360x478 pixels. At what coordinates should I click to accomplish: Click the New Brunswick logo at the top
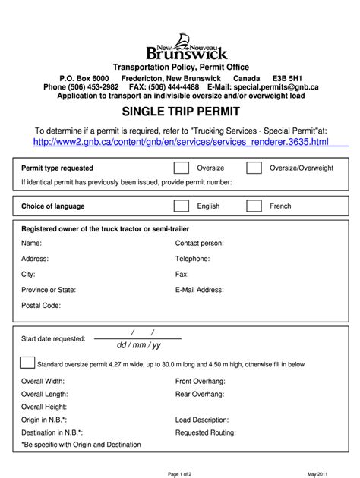(x=179, y=46)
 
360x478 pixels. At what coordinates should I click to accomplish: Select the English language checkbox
(x=182, y=206)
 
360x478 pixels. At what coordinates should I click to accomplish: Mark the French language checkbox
(x=254, y=206)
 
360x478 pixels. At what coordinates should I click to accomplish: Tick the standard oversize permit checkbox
(x=27, y=363)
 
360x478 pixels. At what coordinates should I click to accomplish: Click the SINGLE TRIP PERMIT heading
(x=180, y=112)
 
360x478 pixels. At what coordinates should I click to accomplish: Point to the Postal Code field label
(x=41, y=305)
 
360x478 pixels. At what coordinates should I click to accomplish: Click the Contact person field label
(x=200, y=244)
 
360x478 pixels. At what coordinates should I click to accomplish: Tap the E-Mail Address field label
(x=201, y=289)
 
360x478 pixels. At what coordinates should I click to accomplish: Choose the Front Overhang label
(x=201, y=380)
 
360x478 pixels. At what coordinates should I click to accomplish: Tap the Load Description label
(x=202, y=419)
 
